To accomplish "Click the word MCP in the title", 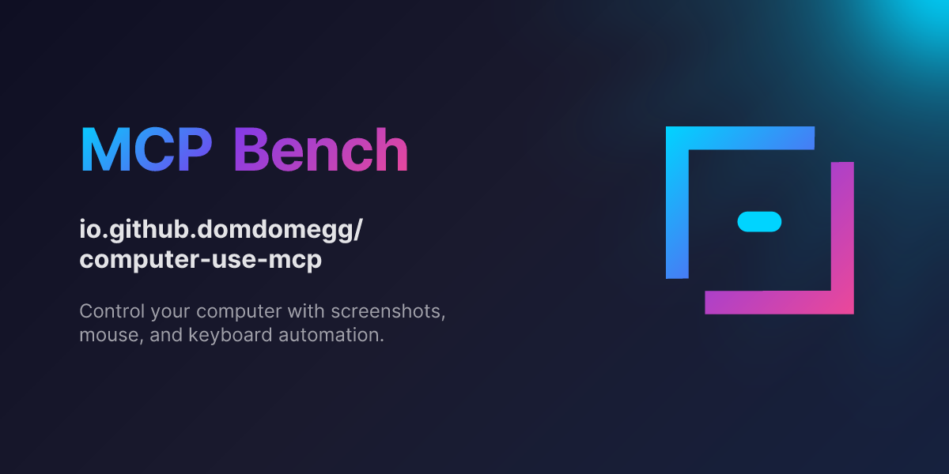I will point(146,150).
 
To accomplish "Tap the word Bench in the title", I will point(321,150).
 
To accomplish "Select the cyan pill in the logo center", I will point(759,222).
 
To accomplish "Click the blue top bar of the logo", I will point(740,137).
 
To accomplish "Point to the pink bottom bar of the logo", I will point(779,303).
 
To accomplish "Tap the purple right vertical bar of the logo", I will point(842,229).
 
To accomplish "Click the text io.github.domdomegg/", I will point(221,231).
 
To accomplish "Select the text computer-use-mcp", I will point(201,260).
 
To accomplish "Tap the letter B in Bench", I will point(252,150).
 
